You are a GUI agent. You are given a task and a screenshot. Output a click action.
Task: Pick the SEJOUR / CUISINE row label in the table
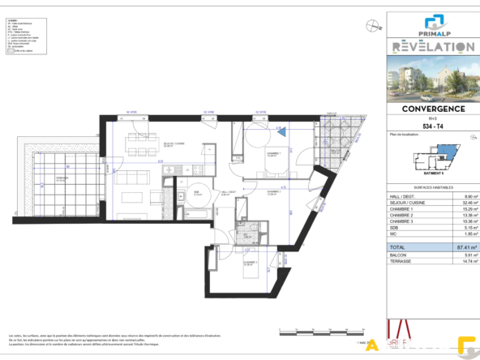pyautogui.click(x=408, y=202)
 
